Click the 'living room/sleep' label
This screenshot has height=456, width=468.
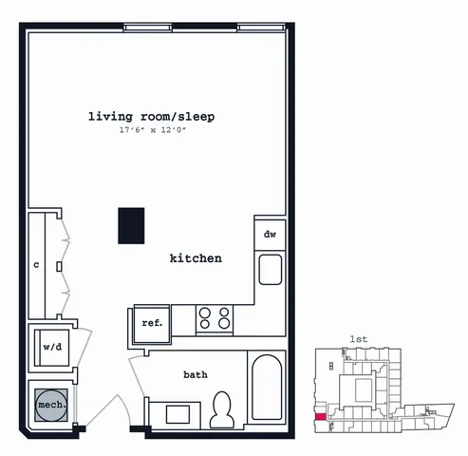(151, 117)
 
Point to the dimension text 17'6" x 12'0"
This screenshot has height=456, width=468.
(153, 130)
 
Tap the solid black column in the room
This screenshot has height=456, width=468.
(131, 226)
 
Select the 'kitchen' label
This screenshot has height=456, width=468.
(196, 258)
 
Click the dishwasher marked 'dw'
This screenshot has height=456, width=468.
(270, 235)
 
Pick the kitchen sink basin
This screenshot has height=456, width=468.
(271, 270)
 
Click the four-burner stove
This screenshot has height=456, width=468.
(215, 318)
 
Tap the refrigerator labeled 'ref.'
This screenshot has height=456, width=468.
(152, 324)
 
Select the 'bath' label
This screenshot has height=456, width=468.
(196, 375)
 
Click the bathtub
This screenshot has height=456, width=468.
(267, 388)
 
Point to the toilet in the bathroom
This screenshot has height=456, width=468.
(222, 410)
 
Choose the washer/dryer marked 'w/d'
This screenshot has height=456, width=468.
(52, 348)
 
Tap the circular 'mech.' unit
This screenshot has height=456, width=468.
(51, 405)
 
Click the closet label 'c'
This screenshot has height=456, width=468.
(36, 265)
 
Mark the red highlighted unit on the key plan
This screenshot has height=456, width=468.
(321, 417)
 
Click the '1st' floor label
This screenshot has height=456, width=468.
(359, 339)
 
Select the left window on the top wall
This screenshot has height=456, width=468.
(148, 28)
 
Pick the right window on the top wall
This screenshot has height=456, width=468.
(261, 28)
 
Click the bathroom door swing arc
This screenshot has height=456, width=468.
(136, 376)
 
